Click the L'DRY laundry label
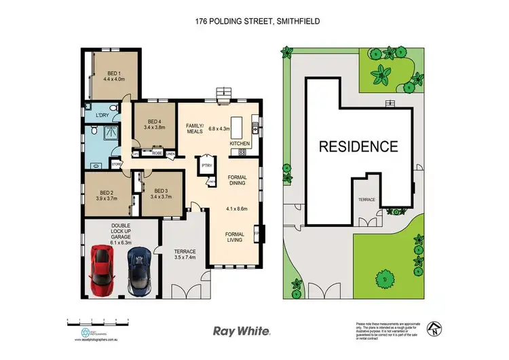point(102,115)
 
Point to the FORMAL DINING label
point(237,180)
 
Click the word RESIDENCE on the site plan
point(358,146)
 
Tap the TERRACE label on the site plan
point(366,200)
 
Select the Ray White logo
point(242,331)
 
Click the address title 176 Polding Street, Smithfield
point(254,21)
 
